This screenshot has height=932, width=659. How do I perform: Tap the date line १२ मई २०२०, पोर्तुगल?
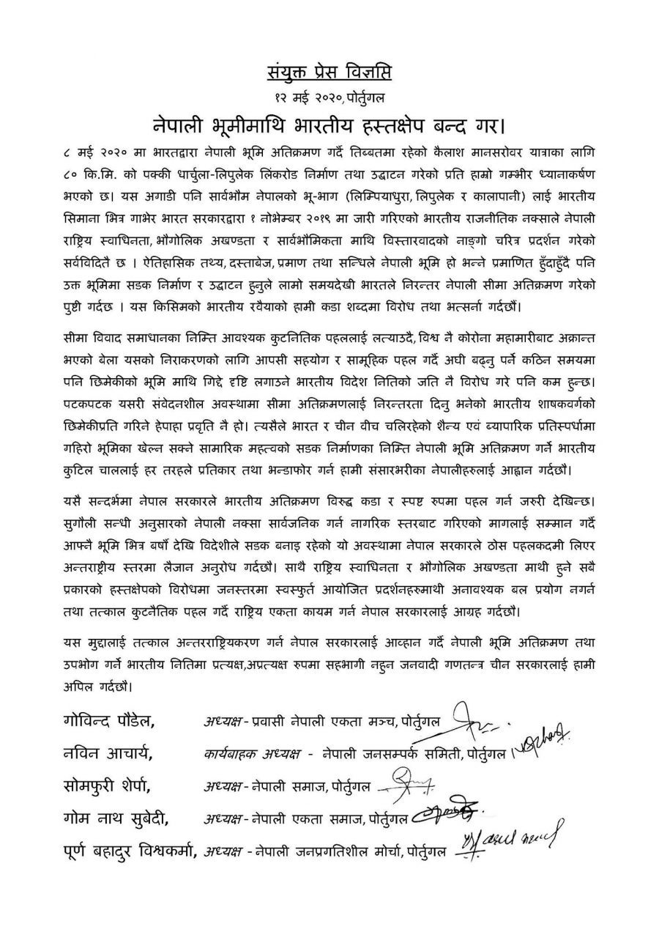(329, 96)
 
